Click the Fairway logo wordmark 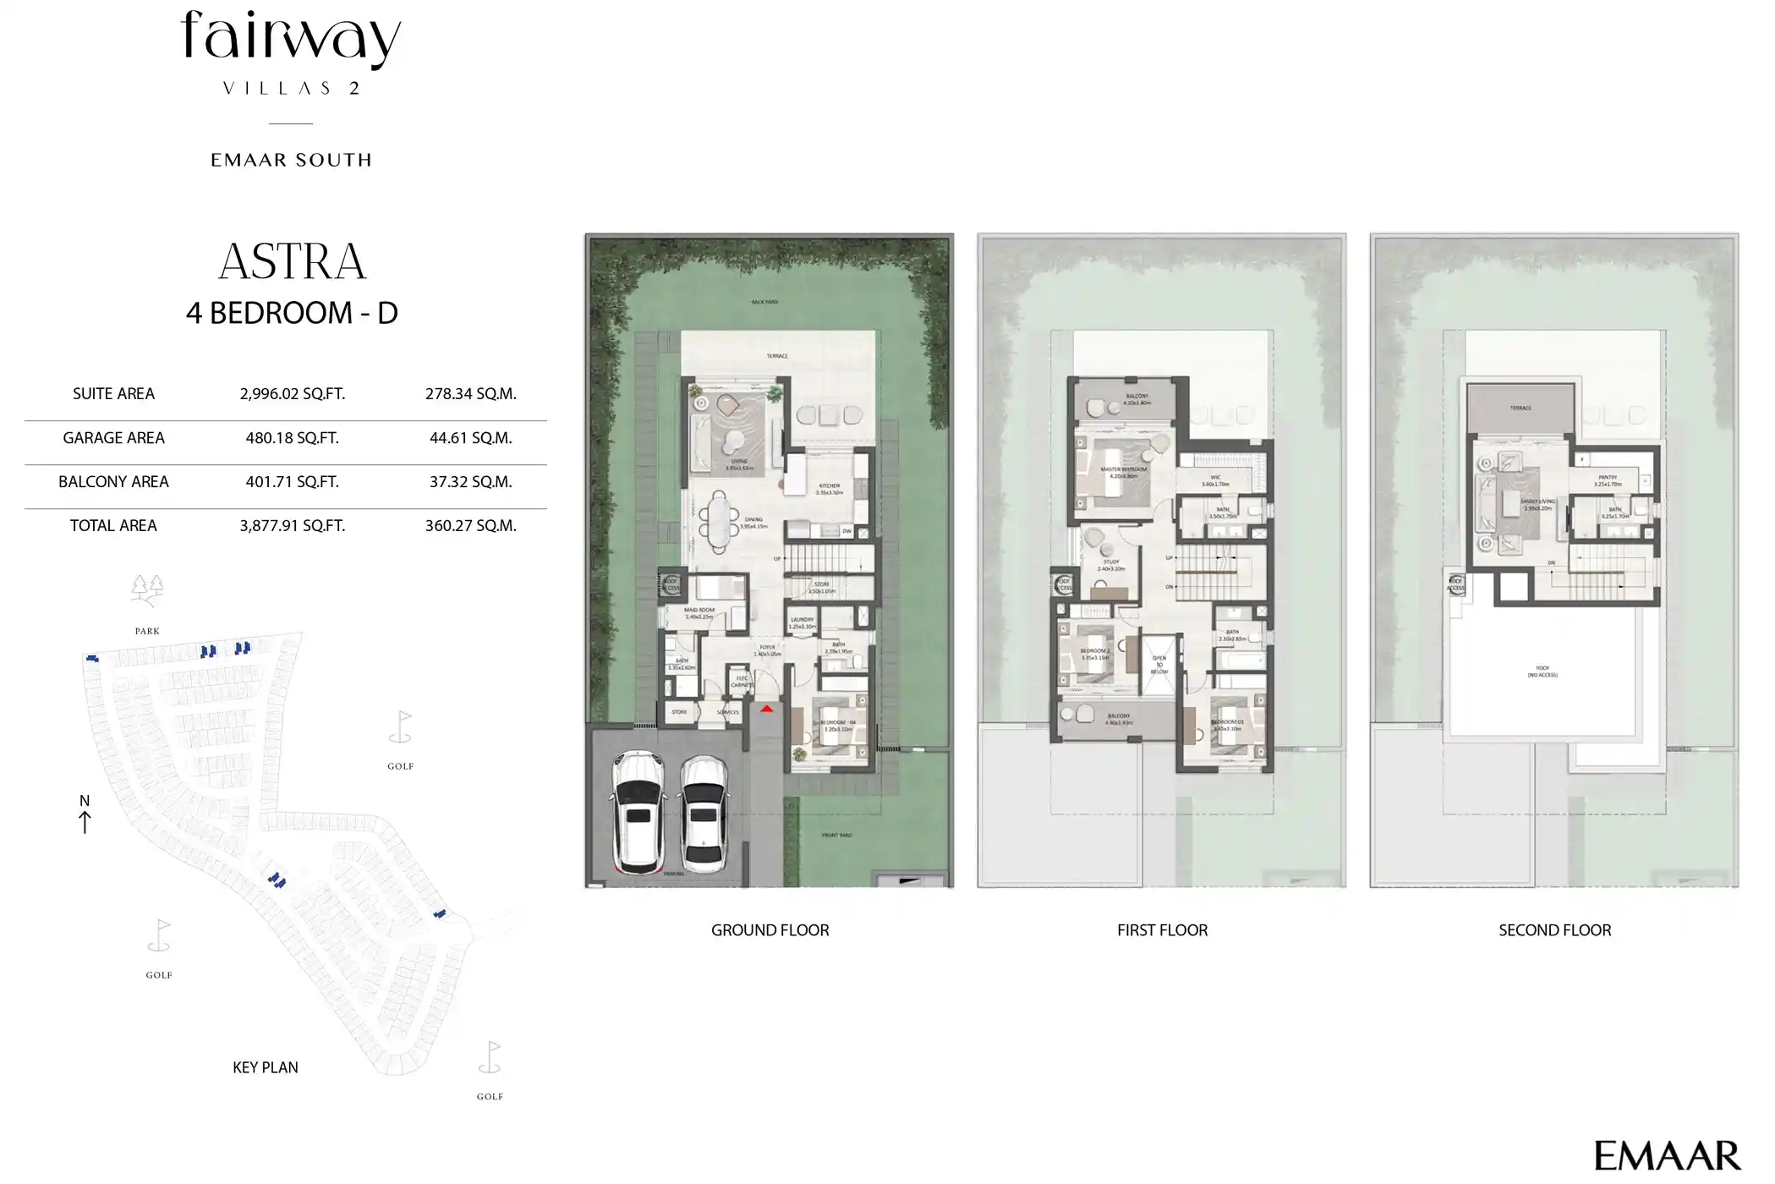(291, 39)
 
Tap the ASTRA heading (292, 261)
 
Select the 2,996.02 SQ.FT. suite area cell (292, 394)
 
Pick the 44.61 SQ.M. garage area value (470, 438)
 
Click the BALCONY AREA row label (113, 482)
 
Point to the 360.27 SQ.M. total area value (470, 526)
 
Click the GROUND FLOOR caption (770, 930)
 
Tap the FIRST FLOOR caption (1162, 930)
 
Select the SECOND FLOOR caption (1554, 930)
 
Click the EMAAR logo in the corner (1667, 1155)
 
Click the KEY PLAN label (266, 1067)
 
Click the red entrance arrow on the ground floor (767, 709)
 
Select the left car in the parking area (638, 812)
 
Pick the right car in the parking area (704, 814)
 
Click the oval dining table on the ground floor (719, 522)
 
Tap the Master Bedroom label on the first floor (1123, 469)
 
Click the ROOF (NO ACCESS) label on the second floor (1542, 671)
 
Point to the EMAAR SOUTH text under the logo (291, 160)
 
